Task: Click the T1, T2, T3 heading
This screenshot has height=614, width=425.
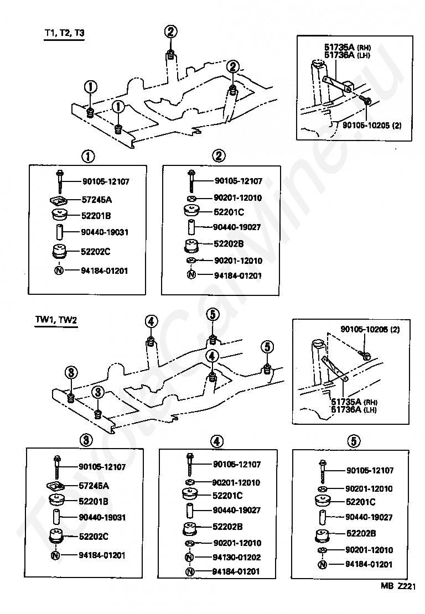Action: [x=64, y=33]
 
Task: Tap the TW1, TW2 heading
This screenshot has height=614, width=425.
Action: [x=56, y=320]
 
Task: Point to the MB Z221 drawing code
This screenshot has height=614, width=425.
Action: [x=398, y=586]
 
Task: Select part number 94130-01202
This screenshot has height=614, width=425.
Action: [x=236, y=557]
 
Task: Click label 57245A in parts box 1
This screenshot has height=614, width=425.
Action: [x=97, y=200]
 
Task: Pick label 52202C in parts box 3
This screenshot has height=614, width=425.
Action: [x=94, y=537]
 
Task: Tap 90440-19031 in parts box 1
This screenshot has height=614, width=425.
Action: [x=105, y=232]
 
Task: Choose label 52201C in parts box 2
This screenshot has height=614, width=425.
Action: [x=229, y=212]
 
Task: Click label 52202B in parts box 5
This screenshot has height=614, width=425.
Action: [x=361, y=533]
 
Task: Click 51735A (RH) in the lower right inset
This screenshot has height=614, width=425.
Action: [x=354, y=402]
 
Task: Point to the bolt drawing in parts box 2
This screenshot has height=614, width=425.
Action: [x=191, y=181]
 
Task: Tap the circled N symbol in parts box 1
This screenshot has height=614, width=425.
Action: [x=59, y=270]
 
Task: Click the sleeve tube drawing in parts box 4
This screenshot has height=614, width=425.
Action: [x=190, y=510]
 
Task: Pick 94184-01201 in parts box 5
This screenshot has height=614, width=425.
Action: [x=369, y=564]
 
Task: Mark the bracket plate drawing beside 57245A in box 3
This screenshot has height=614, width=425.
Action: [x=56, y=486]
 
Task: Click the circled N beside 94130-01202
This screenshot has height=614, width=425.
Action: [x=189, y=557]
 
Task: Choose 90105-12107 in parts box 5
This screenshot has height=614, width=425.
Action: [x=370, y=470]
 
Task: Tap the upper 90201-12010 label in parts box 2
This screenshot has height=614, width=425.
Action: [x=238, y=197]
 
